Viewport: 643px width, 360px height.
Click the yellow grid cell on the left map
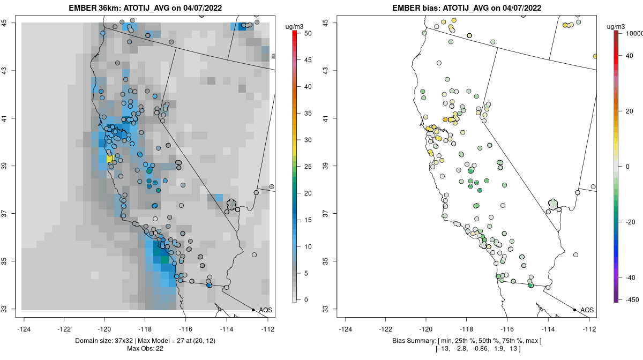click(x=110, y=159)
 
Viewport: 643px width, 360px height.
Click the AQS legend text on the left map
click(x=265, y=310)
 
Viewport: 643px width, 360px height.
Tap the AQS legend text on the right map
click(x=587, y=310)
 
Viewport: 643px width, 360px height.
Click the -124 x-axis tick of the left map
click(x=24, y=329)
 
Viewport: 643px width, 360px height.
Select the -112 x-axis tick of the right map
click(x=589, y=329)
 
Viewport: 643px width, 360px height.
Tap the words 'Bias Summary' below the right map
click(x=412, y=341)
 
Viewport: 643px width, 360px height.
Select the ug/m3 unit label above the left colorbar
click(x=295, y=26)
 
